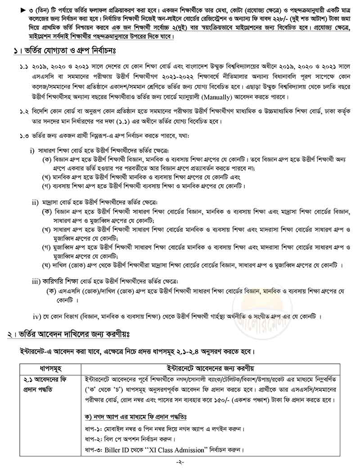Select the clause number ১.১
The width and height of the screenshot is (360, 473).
click(23, 66)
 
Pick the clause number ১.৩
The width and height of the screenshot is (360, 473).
click(23, 136)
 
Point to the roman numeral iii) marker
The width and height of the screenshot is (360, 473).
click(36, 281)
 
